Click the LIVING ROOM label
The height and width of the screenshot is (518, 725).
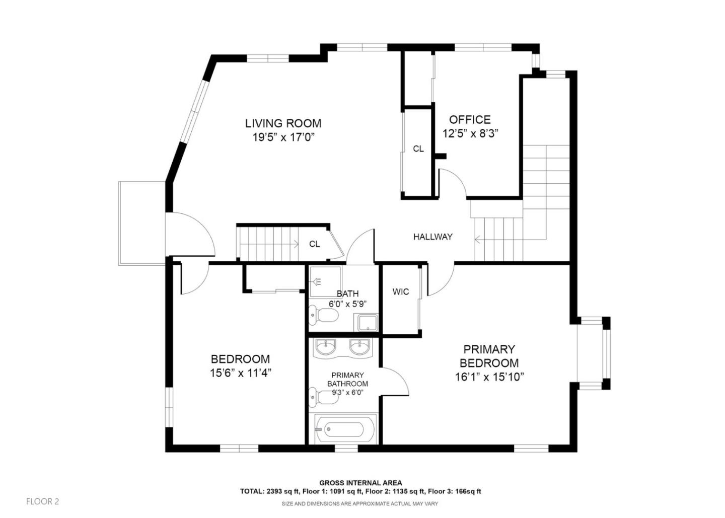tap(283, 123)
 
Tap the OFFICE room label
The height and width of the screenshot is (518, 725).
tap(470, 120)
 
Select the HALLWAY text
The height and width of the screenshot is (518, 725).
tap(432, 237)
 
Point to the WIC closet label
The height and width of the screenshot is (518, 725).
tap(401, 292)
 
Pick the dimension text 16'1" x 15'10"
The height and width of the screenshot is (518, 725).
tap(489, 377)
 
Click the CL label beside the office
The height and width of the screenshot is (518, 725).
tap(418, 149)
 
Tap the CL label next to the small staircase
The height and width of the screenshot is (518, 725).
tap(315, 244)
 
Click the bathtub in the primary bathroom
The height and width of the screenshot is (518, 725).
tap(345, 429)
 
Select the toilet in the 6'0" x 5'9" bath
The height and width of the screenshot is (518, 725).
tap(324, 316)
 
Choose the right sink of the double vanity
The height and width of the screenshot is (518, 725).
tap(360, 346)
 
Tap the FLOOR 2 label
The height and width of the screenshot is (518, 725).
tap(43, 501)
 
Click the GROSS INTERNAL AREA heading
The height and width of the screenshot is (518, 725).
tap(360, 483)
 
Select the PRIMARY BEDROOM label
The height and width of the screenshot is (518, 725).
tap(489, 356)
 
